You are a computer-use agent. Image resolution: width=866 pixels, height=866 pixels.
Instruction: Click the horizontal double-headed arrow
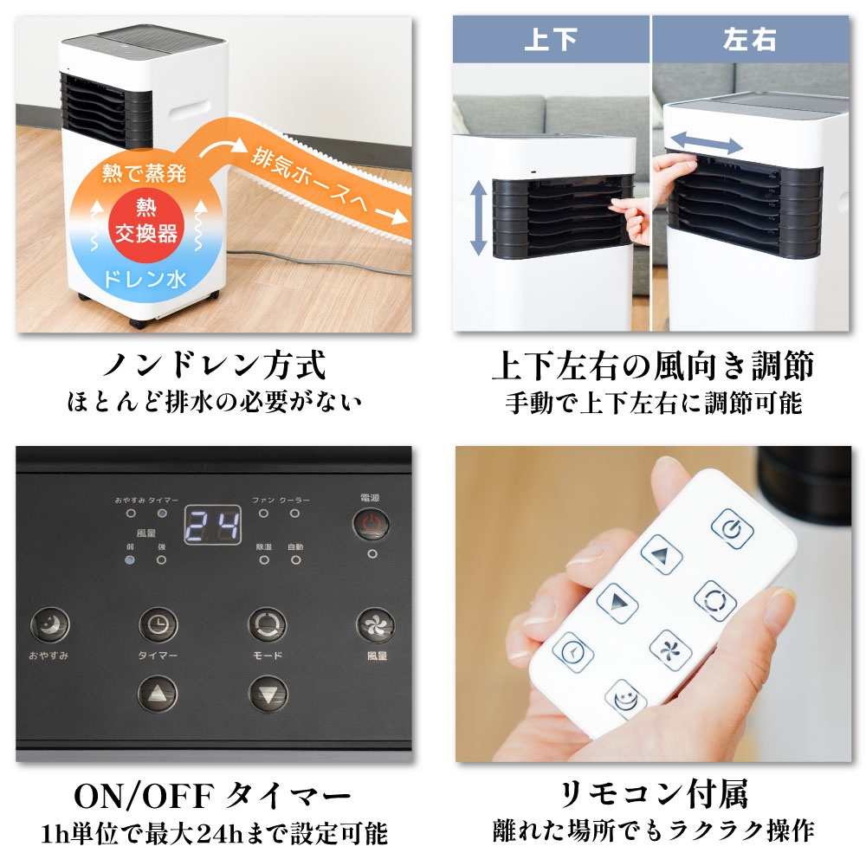pyautogui.click(x=707, y=142)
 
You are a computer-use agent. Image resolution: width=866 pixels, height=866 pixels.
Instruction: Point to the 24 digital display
pyautogui.click(x=212, y=525)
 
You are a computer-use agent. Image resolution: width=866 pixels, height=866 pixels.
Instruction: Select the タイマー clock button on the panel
pyautogui.click(x=158, y=624)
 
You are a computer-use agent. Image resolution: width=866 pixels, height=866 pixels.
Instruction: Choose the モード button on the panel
pyautogui.click(x=267, y=624)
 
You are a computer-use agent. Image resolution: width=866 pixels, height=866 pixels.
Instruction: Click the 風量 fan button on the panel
pyautogui.click(x=376, y=624)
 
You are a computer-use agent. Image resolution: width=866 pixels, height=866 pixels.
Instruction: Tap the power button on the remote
pyautogui.click(x=732, y=528)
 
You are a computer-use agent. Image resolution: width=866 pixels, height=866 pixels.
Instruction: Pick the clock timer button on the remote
pyautogui.click(x=572, y=652)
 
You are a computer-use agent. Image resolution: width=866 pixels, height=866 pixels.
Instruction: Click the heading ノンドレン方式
pyautogui.click(x=214, y=365)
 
